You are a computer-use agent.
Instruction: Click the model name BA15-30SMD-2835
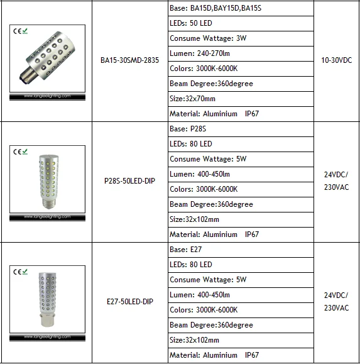click(x=129, y=61)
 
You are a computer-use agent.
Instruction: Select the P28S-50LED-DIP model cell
click(x=129, y=182)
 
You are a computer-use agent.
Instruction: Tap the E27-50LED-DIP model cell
click(x=129, y=302)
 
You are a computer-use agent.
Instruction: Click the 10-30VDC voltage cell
click(x=337, y=61)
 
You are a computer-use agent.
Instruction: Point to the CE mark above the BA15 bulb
click(x=20, y=30)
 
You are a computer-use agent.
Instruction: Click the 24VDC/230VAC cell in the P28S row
click(x=336, y=181)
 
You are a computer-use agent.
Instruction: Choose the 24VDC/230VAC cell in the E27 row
click(x=336, y=302)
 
